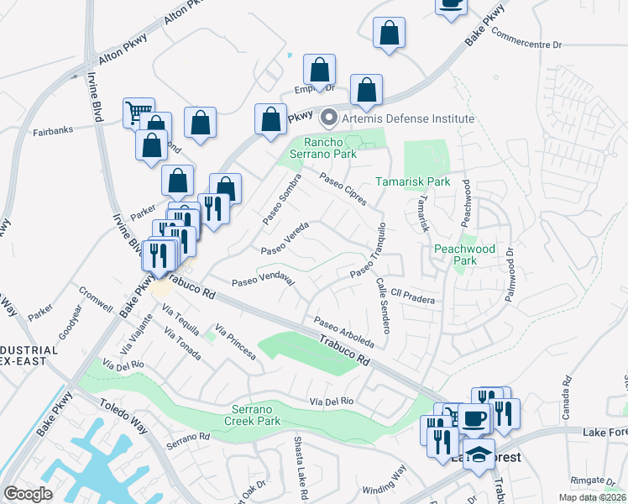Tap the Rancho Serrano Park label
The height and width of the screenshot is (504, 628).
(x=329, y=148)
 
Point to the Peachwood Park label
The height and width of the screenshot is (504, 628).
(x=464, y=255)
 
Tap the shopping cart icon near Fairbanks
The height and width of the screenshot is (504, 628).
(x=139, y=111)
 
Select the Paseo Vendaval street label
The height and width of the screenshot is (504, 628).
(x=262, y=278)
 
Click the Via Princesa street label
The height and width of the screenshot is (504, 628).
(x=234, y=341)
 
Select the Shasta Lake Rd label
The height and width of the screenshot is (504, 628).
(x=300, y=463)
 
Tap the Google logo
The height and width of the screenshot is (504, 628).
(x=28, y=494)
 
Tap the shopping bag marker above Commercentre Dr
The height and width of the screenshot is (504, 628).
(x=389, y=34)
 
